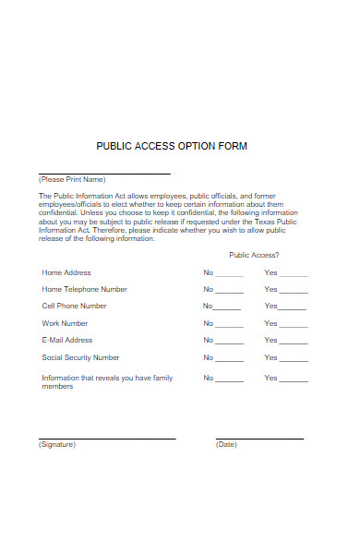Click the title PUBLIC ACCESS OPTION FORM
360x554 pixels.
[x=173, y=146]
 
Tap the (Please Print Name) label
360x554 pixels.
[x=72, y=179]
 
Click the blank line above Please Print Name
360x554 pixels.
[x=104, y=173]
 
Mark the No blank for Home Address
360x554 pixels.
[x=230, y=274]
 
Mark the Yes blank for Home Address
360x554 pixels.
[x=294, y=274]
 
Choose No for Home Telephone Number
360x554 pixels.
[x=230, y=291]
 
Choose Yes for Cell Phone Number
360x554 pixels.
[x=294, y=307]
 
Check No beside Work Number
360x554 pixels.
[x=230, y=325]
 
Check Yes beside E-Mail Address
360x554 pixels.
[x=294, y=342]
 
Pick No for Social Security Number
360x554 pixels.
[x=230, y=359]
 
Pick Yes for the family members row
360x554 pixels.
[x=294, y=379]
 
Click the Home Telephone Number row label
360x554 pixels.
[x=85, y=290]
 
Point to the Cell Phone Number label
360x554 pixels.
[x=75, y=307]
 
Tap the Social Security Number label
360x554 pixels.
[x=81, y=358]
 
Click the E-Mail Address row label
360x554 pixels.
[x=68, y=341]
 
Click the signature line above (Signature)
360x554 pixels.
[x=107, y=438]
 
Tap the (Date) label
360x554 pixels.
[x=226, y=445]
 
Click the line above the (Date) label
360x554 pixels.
[x=259, y=438]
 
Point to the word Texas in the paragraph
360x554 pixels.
[x=263, y=222]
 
